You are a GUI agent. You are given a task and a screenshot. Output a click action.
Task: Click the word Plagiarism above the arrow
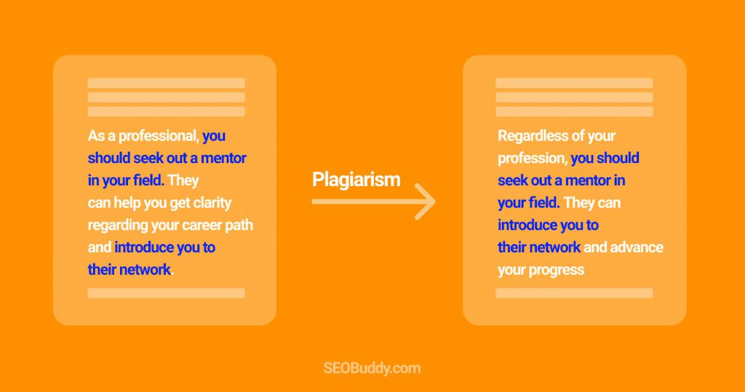356,180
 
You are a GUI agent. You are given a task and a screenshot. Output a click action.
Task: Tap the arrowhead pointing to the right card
426,201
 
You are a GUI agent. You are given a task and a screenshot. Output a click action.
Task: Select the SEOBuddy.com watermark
372,368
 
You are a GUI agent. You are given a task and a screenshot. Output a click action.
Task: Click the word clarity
212,204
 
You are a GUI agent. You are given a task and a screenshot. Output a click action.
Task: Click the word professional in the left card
159,137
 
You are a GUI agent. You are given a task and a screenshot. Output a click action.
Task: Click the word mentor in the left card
223,159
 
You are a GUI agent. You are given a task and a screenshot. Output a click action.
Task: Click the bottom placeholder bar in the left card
167,293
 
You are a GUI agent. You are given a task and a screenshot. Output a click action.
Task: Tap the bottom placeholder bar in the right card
575,293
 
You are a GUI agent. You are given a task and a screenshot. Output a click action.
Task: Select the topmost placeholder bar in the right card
575,83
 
